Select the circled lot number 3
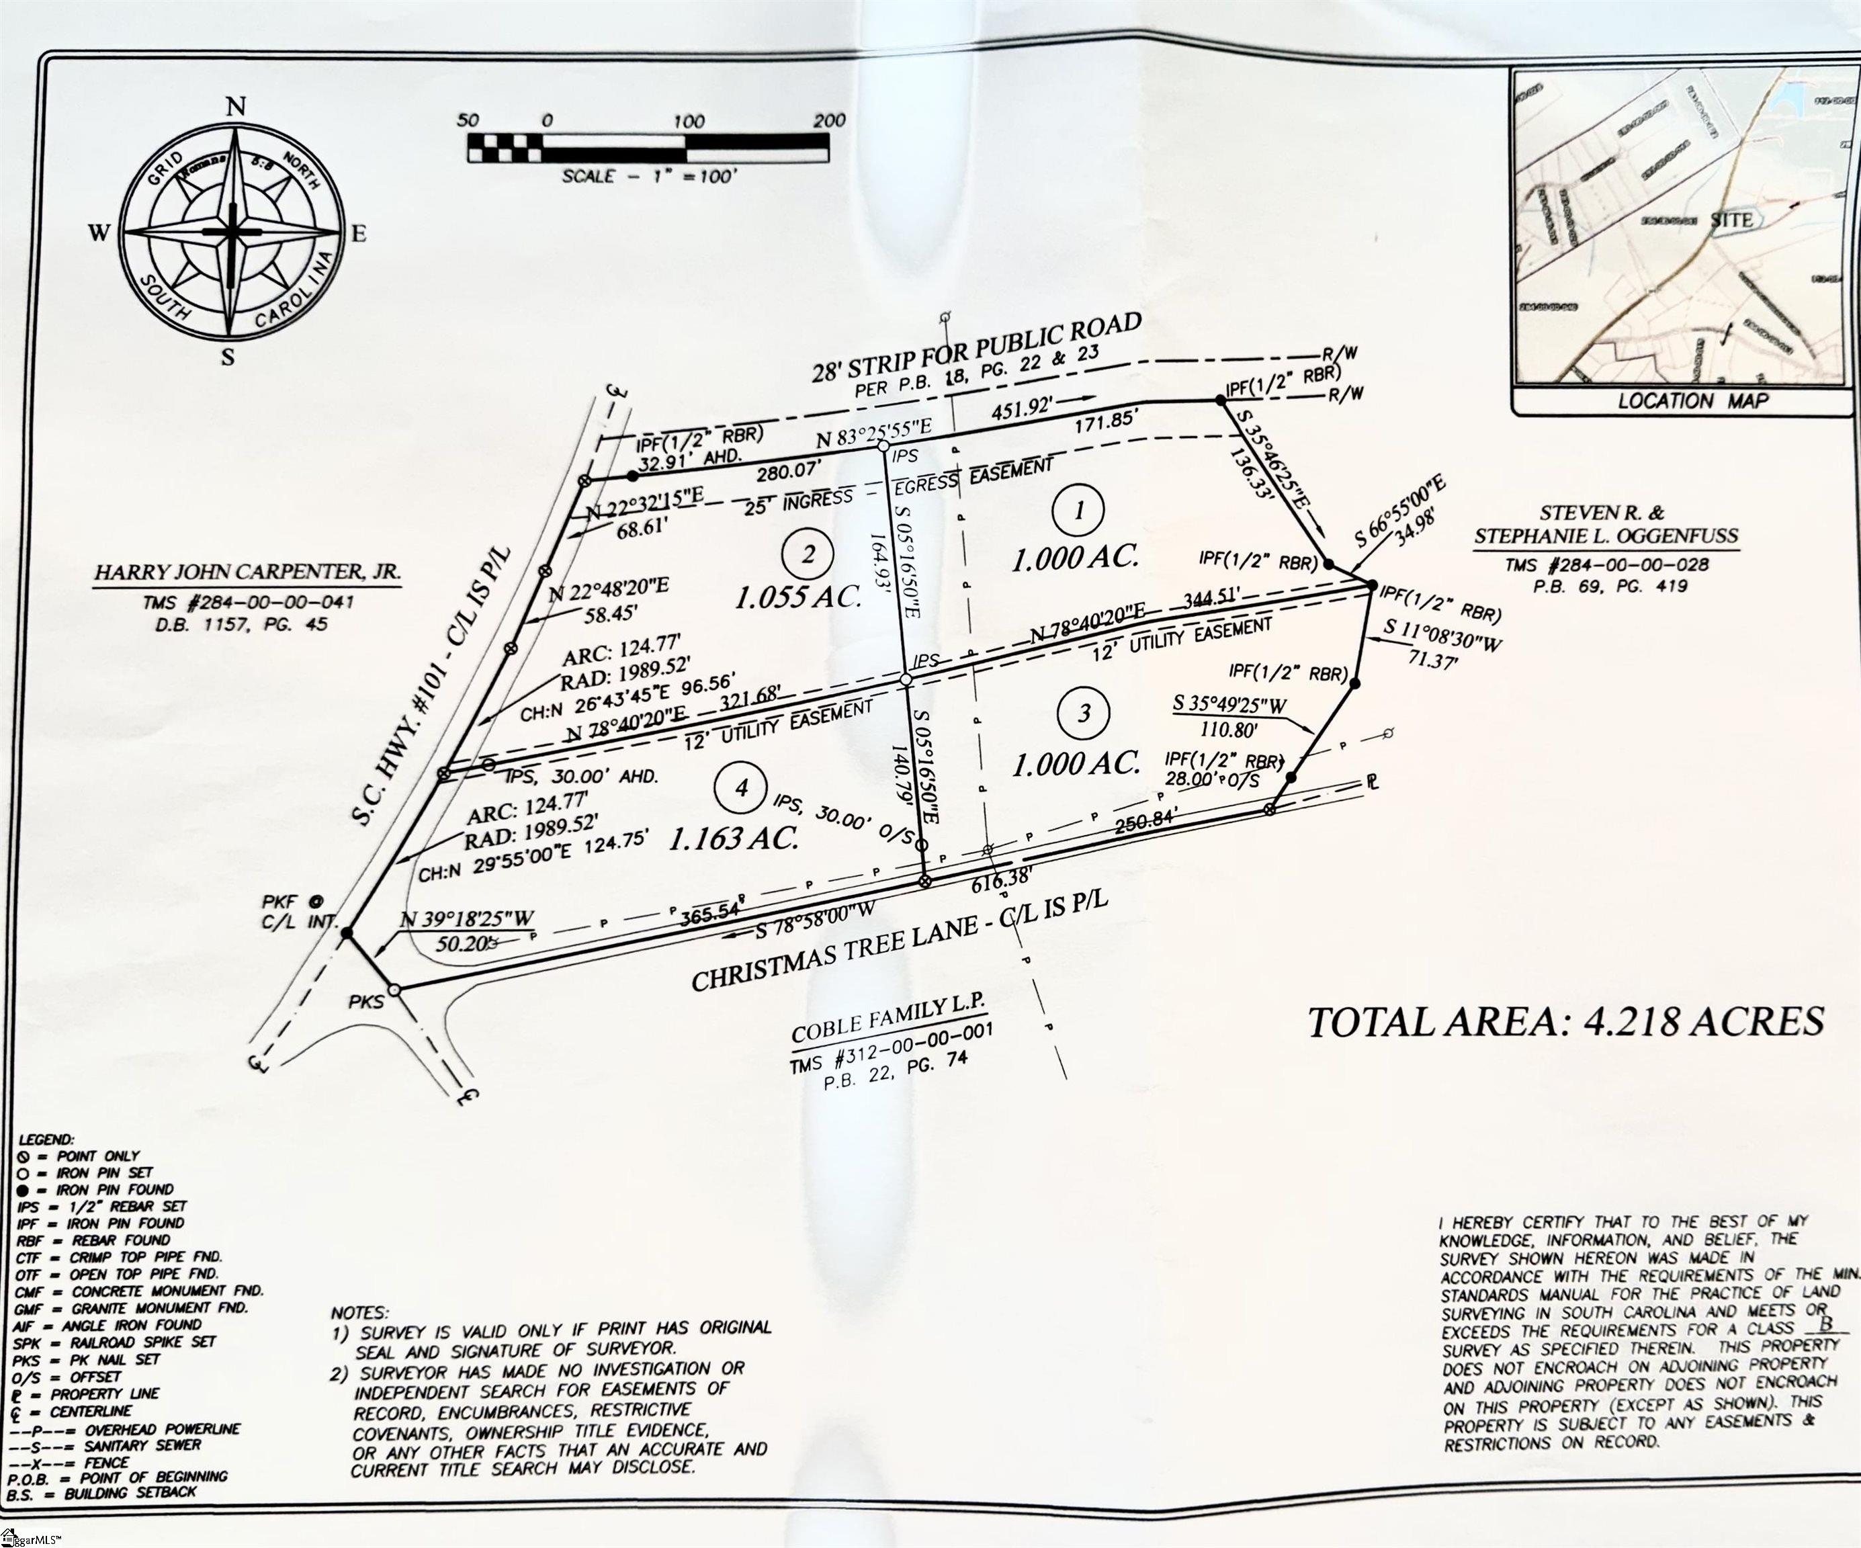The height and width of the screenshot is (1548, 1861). coord(1084,712)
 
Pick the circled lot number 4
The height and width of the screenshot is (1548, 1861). coord(742,787)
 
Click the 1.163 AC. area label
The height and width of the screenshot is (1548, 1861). coord(733,837)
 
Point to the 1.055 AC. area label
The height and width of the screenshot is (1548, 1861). coord(797,595)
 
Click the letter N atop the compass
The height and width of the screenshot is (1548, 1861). coord(235,107)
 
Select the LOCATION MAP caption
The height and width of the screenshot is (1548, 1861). coord(1692,400)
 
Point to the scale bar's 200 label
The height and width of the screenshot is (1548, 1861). coord(828,120)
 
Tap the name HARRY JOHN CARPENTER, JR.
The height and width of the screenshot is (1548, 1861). coord(247,572)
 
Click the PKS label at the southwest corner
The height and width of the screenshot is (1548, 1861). coord(365,1002)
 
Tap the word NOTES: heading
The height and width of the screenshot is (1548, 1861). coord(359,1312)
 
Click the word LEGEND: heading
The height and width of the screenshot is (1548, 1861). coord(46,1139)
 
